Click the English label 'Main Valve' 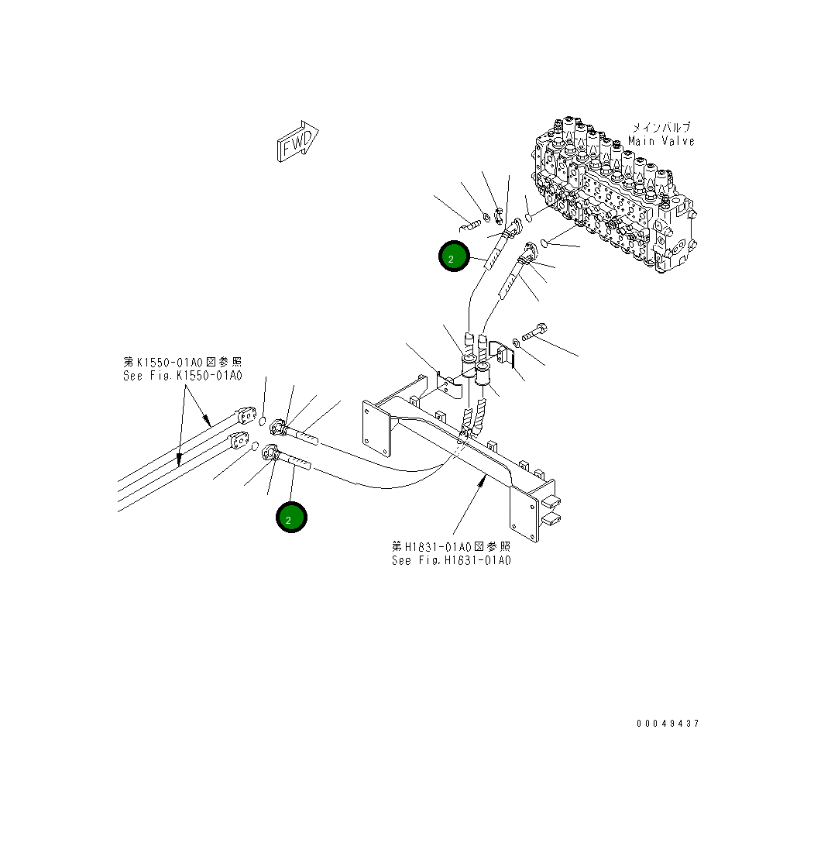pos(661,141)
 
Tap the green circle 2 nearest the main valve pos(453,256)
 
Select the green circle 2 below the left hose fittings pos(291,518)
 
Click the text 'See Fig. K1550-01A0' pos(183,376)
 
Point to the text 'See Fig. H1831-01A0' pos(451,560)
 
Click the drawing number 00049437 pos(668,724)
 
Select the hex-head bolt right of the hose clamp pos(534,332)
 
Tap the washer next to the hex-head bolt pos(517,342)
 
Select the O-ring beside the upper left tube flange pos(264,423)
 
